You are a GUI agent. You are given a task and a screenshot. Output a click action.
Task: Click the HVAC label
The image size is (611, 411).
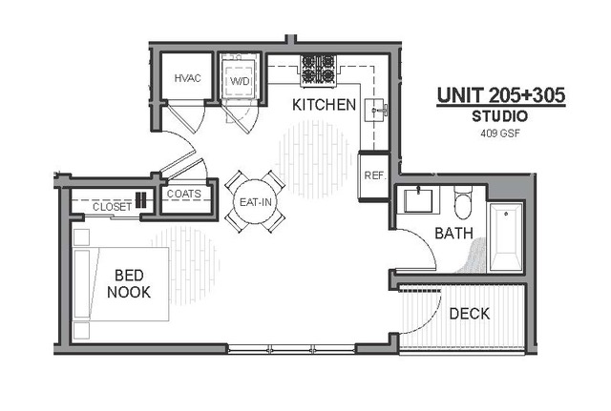click(187, 78)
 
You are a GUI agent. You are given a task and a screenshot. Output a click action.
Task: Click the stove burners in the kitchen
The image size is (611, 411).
click(319, 68)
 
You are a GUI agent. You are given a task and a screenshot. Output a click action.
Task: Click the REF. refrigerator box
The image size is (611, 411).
click(373, 175)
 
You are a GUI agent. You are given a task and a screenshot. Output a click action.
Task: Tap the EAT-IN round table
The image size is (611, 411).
click(256, 202)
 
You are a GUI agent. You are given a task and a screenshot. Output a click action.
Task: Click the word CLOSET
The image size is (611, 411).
click(112, 206)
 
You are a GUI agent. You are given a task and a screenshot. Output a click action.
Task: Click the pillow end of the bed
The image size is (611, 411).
click(83, 285)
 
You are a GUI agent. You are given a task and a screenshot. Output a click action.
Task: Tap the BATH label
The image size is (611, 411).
click(453, 233)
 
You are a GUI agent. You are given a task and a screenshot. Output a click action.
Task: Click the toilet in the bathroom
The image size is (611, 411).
click(464, 203)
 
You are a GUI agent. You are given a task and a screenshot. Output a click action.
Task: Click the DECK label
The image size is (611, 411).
click(469, 313)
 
